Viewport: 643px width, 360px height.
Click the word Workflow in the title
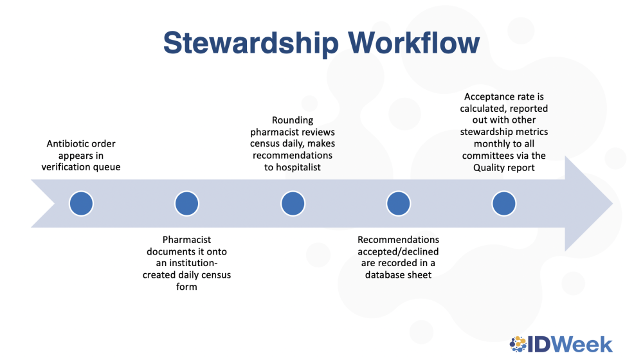(x=413, y=42)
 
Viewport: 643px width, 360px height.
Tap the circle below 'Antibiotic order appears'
(x=81, y=203)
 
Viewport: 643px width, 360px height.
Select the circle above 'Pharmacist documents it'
(x=186, y=203)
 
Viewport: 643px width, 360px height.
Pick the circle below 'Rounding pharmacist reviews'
(x=293, y=203)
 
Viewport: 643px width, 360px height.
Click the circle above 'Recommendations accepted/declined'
(x=398, y=203)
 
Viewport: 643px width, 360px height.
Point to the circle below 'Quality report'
(x=504, y=203)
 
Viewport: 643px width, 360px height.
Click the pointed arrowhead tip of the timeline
(x=613, y=203)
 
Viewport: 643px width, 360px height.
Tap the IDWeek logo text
(x=570, y=345)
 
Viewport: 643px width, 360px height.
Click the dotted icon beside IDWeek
(x=518, y=344)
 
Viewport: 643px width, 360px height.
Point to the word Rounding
(x=293, y=121)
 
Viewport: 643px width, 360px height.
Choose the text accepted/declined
(x=398, y=251)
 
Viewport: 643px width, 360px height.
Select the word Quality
(x=488, y=168)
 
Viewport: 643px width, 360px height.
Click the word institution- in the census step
(x=192, y=263)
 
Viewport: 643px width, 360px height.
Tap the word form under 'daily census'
(x=186, y=287)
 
